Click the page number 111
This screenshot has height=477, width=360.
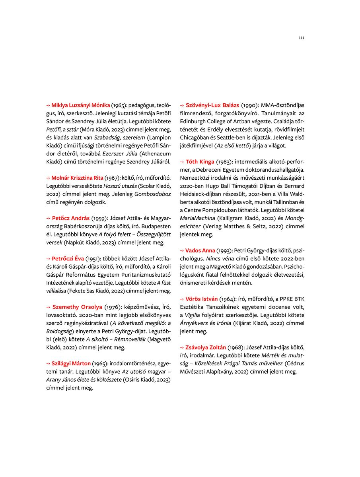pos(301,38)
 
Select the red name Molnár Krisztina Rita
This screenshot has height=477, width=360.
pos(77,178)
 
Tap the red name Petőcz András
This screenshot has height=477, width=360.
pos(70,218)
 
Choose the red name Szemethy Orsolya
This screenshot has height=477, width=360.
pos(77,307)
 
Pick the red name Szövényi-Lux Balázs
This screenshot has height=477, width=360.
pos(212,105)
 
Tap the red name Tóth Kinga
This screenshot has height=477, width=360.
pos(200,162)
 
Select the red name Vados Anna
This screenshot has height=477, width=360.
pos(200,250)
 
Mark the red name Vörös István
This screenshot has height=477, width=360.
pos(202,299)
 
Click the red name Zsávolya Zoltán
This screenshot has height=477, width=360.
pos(206,347)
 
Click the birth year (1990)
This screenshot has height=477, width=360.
pos(249,105)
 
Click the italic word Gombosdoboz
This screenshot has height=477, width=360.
pos(153,194)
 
